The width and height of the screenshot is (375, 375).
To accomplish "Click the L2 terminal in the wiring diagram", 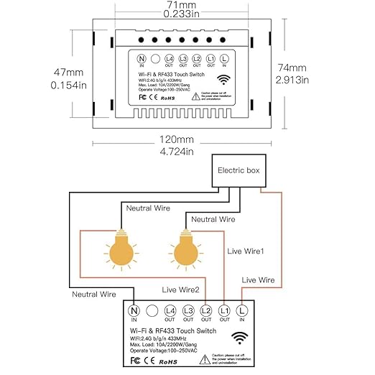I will [206, 310].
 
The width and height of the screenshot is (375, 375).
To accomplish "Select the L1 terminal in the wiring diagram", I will [224, 310].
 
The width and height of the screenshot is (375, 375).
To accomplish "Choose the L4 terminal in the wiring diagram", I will [170, 310].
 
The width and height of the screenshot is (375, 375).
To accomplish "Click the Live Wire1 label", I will [246, 251].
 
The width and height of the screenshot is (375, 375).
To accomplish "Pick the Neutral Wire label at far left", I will [93, 295].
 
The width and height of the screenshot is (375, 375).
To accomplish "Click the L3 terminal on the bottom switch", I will [188, 310].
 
